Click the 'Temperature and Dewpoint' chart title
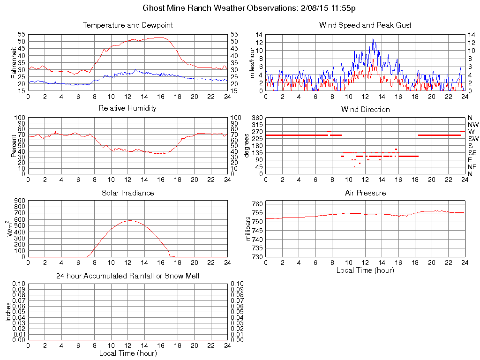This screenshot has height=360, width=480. click(x=127, y=25)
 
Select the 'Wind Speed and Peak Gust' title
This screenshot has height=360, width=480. click(x=365, y=25)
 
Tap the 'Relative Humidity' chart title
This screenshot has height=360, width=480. click(x=127, y=108)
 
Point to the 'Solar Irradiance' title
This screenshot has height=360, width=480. click(x=127, y=193)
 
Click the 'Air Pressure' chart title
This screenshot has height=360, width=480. click(x=365, y=193)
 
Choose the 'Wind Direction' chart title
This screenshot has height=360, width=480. click(x=365, y=109)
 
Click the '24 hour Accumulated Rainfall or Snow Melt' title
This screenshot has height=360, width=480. click(x=127, y=276)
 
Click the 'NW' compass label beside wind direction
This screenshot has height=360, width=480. click(x=473, y=125)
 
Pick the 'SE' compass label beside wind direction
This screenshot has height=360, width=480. click(x=472, y=153)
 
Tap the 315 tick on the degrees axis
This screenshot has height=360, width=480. click(x=257, y=125)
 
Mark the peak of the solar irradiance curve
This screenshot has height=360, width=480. click(x=130, y=220)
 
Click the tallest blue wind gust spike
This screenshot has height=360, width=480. click(x=373, y=39)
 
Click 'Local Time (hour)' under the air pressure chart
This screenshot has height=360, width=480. click(x=365, y=270)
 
